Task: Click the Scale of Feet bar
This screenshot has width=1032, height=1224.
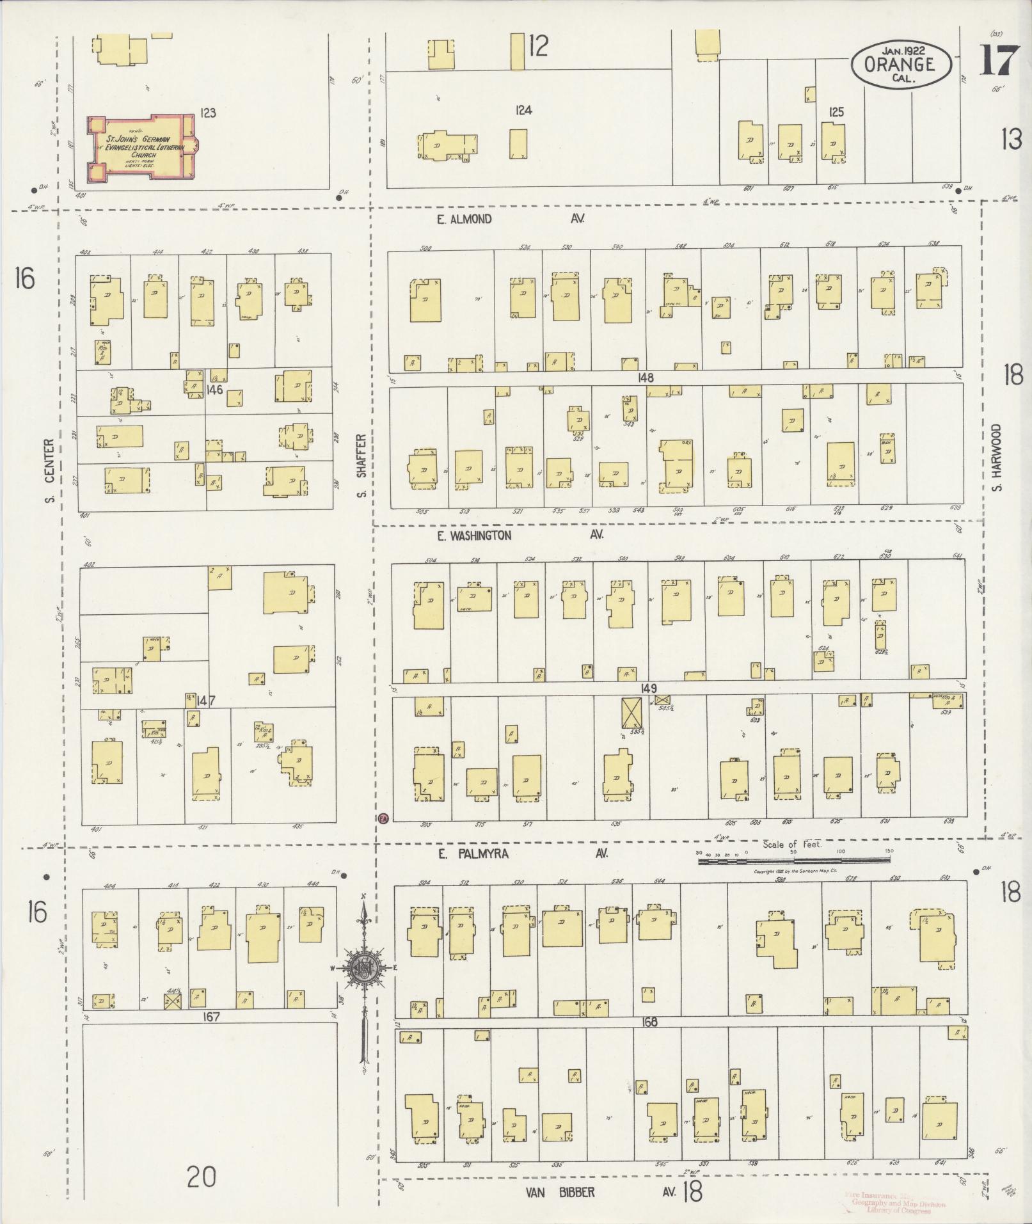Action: coord(793,861)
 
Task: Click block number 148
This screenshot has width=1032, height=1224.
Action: coord(646,378)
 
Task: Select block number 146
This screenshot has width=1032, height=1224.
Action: coord(214,388)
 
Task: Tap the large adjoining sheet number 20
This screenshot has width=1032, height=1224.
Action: coord(201,1176)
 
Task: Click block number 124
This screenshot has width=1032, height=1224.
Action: coord(523,111)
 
